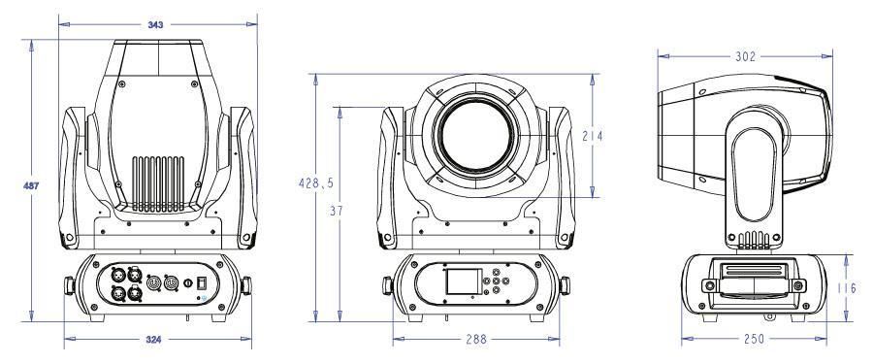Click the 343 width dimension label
tap(156, 24)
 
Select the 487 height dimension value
tap(31, 185)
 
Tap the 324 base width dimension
tap(154, 339)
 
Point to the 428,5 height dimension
tap(315, 182)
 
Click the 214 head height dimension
tap(593, 136)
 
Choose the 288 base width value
tap(476, 339)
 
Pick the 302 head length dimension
tap(745, 56)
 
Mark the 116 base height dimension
tap(847, 288)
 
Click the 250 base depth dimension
tap(754, 339)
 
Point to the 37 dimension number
tap(337, 211)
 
